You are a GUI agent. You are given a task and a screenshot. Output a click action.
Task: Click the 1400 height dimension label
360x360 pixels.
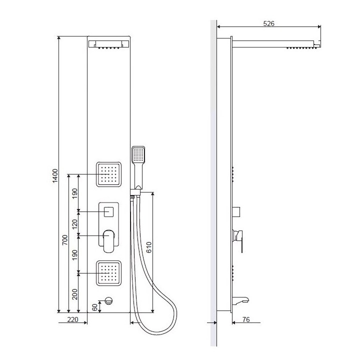[55, 176]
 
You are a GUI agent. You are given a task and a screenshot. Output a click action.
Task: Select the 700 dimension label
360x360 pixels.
[65, 240]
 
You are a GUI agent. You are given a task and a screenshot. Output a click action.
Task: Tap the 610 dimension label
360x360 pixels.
[149, 247]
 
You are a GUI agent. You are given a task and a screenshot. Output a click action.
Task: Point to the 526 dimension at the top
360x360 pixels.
[268, 23]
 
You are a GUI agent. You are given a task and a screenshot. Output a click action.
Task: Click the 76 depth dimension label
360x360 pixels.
[246, 319]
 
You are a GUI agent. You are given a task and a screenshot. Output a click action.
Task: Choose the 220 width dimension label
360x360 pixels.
[73, 319]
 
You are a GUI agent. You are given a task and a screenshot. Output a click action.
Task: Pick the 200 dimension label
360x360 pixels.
[75, 294]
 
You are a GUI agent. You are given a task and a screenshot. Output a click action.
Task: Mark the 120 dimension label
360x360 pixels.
[75, 224]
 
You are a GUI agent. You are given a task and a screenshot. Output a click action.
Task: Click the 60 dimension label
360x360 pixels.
[94, 307]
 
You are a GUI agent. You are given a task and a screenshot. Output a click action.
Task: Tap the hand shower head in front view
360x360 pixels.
[138, 154]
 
